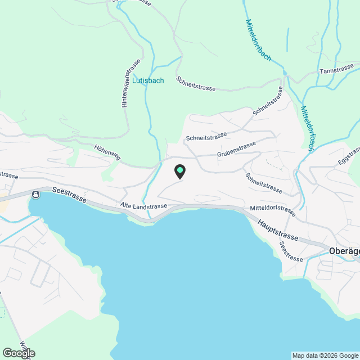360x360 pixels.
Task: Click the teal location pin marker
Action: (180, 171)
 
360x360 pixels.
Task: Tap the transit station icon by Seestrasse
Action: (36, 195)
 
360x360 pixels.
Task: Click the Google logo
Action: (18, 353)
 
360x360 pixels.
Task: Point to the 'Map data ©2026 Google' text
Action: (325, 355)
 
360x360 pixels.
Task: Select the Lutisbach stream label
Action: (148, 80)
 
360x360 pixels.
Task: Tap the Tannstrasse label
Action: (336, 72)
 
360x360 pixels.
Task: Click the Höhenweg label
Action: (107, 152)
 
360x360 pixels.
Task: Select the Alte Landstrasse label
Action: (143, 206)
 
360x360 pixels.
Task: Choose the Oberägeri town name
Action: (343, 251)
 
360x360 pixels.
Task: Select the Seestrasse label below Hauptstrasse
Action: (291, 251)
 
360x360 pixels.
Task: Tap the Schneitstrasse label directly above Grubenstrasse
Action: (206, 137)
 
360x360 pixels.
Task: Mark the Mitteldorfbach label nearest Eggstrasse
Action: (308, 128)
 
